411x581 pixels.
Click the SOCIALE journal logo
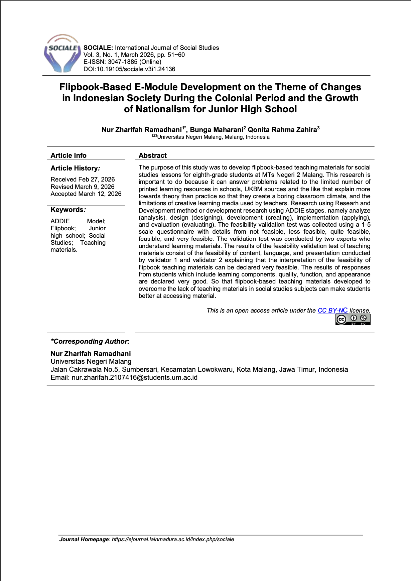(x=62, y=53)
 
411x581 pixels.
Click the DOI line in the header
(x=129, y=69)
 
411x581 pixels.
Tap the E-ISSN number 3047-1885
(x=122, y=62)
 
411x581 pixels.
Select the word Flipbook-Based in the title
(x=96, y=87)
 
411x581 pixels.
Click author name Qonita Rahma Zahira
(x=282, y=130)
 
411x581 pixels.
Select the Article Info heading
(x=68, y=155)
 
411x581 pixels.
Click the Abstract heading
(x=152, y=155)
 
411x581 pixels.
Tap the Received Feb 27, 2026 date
(x=83, y=180)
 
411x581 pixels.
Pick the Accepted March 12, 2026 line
(x=86, y=194)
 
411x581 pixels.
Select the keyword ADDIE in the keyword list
(x=60, y=221)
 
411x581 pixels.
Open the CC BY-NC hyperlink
(x=332, y=311)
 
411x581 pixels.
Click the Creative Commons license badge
(x=353, y=320)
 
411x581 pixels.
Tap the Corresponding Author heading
(x=90, y=341)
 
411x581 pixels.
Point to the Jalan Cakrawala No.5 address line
(x=199, y=370)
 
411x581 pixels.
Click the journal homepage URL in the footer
(x=173, y=540)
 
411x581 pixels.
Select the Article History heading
(x=75, y=168)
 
